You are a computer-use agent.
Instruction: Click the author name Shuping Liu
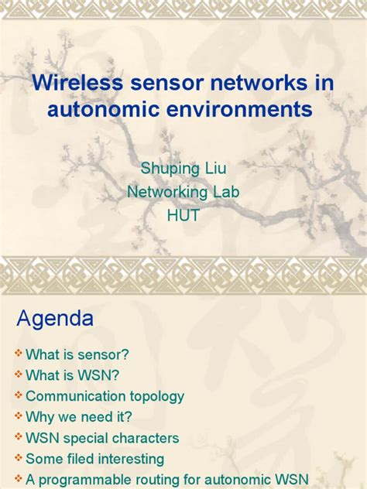183,169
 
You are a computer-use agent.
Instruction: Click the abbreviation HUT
183,215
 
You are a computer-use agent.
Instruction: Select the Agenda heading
55,318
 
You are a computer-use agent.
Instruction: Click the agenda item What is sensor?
77,355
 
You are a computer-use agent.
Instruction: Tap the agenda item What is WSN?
73,376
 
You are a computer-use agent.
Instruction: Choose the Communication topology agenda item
105,397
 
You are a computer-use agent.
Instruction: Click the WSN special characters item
102,439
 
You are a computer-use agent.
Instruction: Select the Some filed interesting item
94,460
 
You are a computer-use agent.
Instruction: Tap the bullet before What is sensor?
18,355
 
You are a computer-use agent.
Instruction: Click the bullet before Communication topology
18,397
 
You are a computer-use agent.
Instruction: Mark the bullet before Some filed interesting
18,460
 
